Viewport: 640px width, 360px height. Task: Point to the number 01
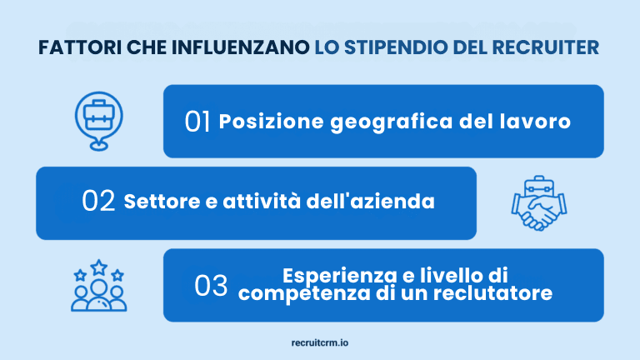pyautogui.click(x=197, y=122)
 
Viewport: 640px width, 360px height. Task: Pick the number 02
pyautogui.click(x=99, y=202)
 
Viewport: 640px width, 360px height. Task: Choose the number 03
pyautogui.click(x=211, y=286)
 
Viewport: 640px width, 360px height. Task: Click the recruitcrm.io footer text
pyautogui.click(x=320, y=342)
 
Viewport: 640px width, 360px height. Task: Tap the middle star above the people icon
pyautogui.click(x=98, y=267)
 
